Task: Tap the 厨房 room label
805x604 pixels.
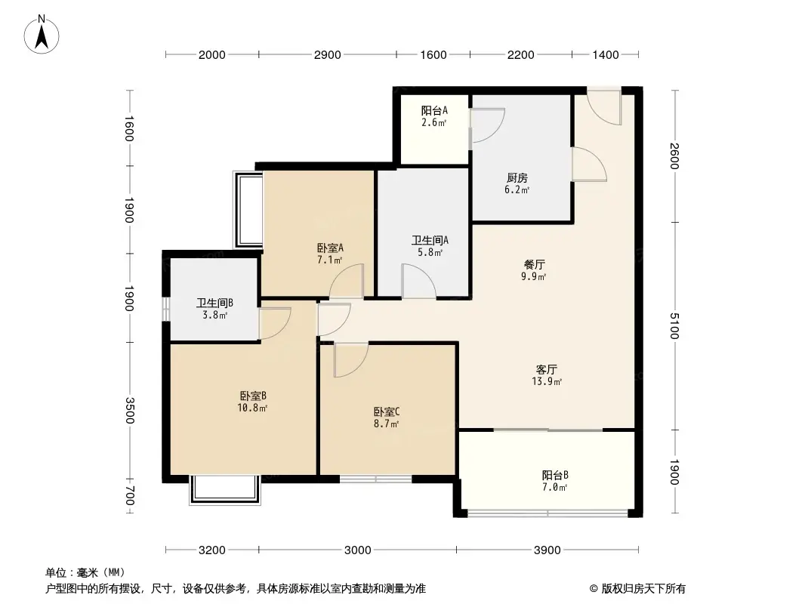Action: tap(517, 178)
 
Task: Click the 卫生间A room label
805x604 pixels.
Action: tap(430, 241)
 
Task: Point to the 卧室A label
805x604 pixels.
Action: tap(330, 248)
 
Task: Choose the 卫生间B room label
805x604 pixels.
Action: tap(215, 304)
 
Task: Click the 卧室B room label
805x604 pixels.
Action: tap(253, 396)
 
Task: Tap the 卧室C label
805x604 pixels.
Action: tap(386, 412)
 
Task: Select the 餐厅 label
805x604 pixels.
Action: tap(535, 265)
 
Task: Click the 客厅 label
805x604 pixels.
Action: tap(547, 370)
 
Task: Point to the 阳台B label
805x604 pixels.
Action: tap(555, 476)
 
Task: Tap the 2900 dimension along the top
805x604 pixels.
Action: tap(327, 54)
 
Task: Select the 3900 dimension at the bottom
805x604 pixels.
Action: tap(547, 550)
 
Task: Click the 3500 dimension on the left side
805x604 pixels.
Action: tap(130, 411)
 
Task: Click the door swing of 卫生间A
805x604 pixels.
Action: tap(418, 281)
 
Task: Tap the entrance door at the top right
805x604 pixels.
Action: tap(604, 105)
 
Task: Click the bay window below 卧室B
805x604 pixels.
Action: tap(225, 489)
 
